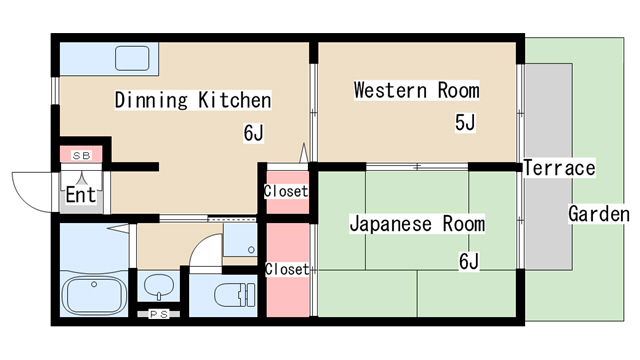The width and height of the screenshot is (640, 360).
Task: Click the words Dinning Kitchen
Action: pos(193,100)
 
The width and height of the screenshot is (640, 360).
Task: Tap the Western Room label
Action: pos(416,90)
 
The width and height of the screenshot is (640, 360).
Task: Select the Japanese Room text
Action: pos(416,224)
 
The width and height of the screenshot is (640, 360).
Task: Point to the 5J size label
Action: pos(465,123)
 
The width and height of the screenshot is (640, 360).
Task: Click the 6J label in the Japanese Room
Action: pos(469,262)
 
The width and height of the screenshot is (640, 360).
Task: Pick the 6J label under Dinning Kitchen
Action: pos(253,132)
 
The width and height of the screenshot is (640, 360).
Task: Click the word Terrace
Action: pos(559,168)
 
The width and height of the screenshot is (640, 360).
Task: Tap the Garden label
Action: pos(598,214)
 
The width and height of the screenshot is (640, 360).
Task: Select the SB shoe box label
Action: pos(80,155)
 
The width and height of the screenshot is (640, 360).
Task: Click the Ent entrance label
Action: pos(80,195)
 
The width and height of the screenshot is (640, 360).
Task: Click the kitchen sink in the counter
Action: pos(131,57)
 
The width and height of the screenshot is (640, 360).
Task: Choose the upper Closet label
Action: pos(285,191)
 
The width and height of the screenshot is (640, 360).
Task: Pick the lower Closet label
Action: pos(286,269)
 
